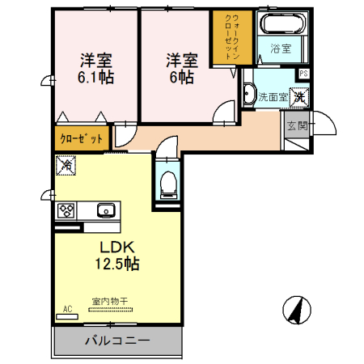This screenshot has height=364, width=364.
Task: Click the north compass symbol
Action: [x=297, y=310]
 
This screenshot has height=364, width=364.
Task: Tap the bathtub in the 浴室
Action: [x=282, y=23]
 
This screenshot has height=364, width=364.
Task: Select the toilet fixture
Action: [x=167, y=185]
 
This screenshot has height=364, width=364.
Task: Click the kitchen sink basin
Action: [x=106, y=210]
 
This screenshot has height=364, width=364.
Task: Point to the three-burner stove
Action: [x=66, y=210]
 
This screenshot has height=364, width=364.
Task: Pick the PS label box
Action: [x=304, y=74]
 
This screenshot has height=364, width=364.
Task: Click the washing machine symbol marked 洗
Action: [x=299, y=97]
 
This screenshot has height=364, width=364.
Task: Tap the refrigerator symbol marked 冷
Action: [x=66, y=165]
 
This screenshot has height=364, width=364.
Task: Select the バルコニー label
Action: [x=117, y=341]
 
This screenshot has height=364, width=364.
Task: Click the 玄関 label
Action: [x=298, y=125]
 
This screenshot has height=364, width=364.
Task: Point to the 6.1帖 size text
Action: [x=95, y=78]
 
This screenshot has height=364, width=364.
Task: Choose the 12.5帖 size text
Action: [x=117, y=264]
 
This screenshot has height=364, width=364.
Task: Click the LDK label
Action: [x=117, y=247]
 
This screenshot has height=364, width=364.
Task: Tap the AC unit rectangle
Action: [x=67, y=316]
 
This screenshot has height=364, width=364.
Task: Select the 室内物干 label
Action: [x=110, y=301]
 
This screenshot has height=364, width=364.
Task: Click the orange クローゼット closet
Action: [x=82, y=138]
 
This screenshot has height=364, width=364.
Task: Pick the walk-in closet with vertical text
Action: [x=232, y=37]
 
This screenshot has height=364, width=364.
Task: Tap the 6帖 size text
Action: [x=182, y=77]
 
